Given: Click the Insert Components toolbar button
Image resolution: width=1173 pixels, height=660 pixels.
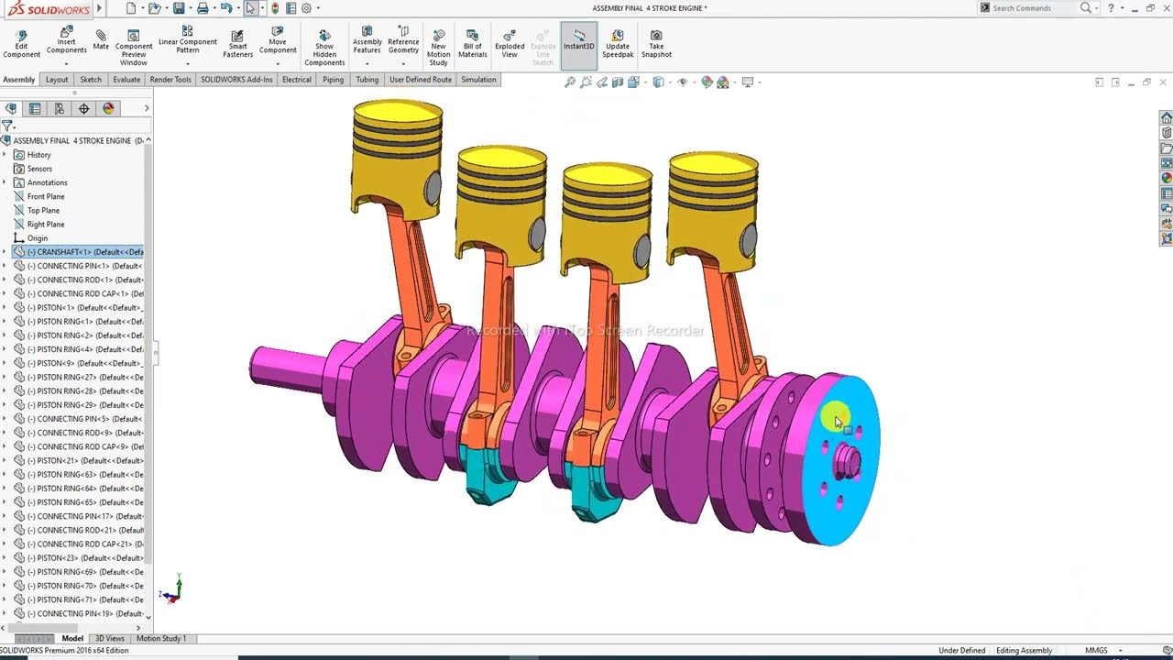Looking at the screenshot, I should [x=66, y=41].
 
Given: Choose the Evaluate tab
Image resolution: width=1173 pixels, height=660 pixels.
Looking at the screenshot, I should [x=126, y=80].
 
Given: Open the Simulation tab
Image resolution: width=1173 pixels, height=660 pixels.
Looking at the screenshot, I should [x=478, y=80].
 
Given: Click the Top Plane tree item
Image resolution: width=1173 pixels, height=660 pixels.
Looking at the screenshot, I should [x=43, y=210].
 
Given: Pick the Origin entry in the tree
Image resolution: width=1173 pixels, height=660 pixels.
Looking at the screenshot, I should [x=37, y=238].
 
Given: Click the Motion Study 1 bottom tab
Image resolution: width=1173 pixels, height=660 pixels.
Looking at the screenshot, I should [x=160, y=638].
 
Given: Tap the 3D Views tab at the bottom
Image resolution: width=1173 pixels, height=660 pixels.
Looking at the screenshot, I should [x=109, y=638].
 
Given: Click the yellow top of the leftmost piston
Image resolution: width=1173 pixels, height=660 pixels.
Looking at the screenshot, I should [x=398, y=114].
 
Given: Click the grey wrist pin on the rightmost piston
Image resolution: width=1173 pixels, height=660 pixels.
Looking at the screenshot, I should [x=749, y=240].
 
